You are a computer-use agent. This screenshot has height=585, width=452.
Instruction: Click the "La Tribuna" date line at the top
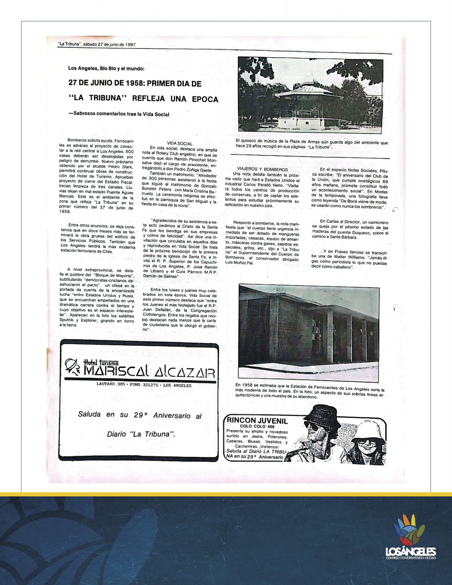coord(97,44)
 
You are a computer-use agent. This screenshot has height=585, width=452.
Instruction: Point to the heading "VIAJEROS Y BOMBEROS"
coord(262,169)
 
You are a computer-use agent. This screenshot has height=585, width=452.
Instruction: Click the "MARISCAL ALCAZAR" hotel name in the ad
coord(149,372)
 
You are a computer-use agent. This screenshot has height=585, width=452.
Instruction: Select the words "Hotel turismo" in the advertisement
coord(101,363)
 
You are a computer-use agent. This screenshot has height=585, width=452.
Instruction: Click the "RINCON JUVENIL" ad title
coord(257,421)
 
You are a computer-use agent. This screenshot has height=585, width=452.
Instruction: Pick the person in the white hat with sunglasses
coord(368,441)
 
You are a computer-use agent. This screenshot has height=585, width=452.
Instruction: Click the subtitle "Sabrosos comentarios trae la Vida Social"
coord(119,115)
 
